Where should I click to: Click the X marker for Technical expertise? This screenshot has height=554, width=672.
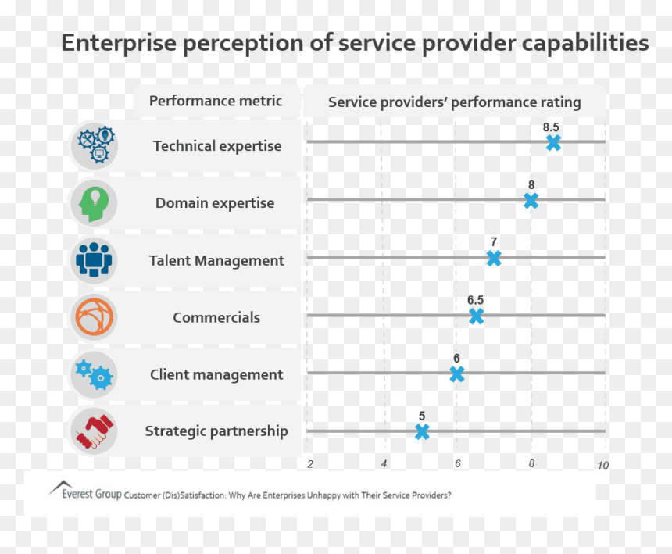tap(553, 143)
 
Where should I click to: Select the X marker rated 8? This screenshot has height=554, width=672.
tap(531, 201)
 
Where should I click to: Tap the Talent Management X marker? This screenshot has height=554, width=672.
tap(494, 259)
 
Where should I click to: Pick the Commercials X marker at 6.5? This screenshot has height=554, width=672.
tap(476, 316)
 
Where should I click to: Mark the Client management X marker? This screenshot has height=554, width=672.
tap(457, 374)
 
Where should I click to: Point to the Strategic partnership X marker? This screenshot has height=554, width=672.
tap(422, 432)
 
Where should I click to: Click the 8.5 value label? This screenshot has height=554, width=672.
tap(551, 127)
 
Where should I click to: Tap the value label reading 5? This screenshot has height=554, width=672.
tap(422, 416)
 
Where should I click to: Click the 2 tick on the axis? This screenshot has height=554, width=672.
tap(310, 464)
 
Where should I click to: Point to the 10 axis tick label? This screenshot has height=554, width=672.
tap(603, 465)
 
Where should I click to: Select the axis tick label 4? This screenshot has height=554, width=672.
tap(384, 463)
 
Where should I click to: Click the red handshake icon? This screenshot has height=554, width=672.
tap(95, 431)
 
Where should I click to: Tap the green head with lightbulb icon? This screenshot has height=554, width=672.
tap(94, 203)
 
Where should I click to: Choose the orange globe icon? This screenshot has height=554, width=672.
tap(95, 317)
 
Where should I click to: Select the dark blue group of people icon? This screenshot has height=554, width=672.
tap(94, 259)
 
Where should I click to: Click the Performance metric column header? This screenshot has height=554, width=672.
tap(216, 101)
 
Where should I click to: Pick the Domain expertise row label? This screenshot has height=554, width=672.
tap(215, 203)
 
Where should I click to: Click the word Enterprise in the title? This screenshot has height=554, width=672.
tap(119, 43)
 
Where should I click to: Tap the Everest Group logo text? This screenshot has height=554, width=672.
tap(91, 494)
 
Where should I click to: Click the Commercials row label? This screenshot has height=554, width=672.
tap(216, 317)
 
